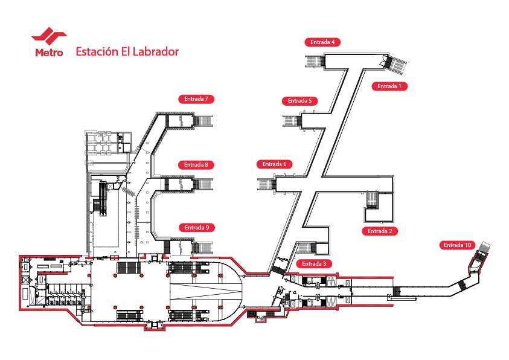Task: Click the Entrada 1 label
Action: tap(389, 86)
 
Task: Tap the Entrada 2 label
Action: tap(380, 231)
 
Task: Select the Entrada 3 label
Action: tap(313, 264)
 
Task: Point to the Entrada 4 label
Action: tap(322, 42)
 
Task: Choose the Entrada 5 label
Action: tap(299, 101)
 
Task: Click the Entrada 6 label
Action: tap(274, 164)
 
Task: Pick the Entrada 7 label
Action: tap(197, 98)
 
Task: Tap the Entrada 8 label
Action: tap(196, 164)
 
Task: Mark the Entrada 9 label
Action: tap(197, 228)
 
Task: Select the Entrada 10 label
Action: tap(457, 245)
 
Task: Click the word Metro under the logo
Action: tap(49, 53)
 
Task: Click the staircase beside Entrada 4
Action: tap(315, 61)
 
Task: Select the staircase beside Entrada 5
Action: tap(292, 120)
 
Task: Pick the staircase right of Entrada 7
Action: tap(203, 120)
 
